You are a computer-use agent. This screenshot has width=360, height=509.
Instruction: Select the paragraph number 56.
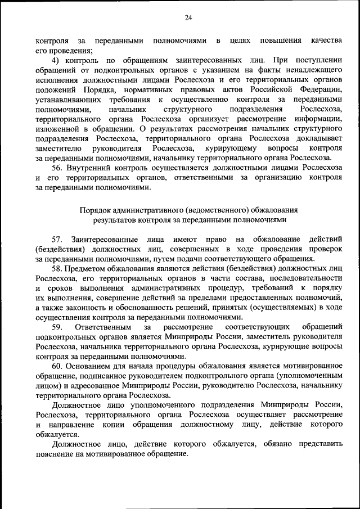pyautogui.click(x=57, y=168)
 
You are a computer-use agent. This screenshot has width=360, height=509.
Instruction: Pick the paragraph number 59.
pyautogui.click(x=57, y=327)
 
